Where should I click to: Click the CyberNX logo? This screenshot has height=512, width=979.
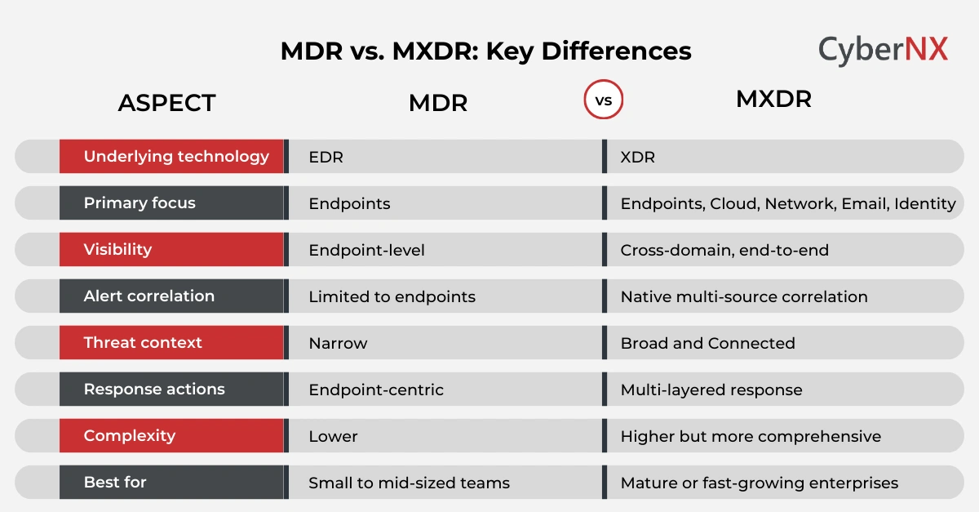(x=883, y=50)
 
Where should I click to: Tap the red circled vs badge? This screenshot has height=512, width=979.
(x=604, y=101)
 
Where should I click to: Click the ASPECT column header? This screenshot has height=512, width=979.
(x=166, y=103)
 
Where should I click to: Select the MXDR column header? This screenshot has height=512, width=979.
(x=773, y=100)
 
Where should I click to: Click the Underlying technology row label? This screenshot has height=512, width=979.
(x=175, y=156)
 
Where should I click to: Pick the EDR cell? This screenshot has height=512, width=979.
(x=326, y=158)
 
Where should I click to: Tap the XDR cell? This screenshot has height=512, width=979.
(x=637, y=158)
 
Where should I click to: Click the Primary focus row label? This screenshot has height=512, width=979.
(x=140, y=203)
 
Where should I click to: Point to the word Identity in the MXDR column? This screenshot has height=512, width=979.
(x=924, y=204)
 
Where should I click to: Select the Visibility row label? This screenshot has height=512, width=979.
(x=117, y=250)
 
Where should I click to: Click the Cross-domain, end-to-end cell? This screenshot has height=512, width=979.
(x=724, y=251)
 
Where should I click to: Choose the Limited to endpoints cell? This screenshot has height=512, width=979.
(x=392, y=297)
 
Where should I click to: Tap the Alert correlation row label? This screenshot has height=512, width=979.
(x=148, y=296)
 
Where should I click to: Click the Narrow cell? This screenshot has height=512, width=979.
(x=338, y=344)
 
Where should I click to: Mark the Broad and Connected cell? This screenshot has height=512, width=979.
(x=707, y=344)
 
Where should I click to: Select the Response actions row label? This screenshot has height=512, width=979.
(x=154, y=390)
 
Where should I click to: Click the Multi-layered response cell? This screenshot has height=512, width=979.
(x=711, y=390)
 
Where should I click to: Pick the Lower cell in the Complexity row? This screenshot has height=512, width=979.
(x=333, y=437)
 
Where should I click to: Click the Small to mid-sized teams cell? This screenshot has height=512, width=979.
(x=409, y=483)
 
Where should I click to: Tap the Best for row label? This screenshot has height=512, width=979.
(x=115, y=483)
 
